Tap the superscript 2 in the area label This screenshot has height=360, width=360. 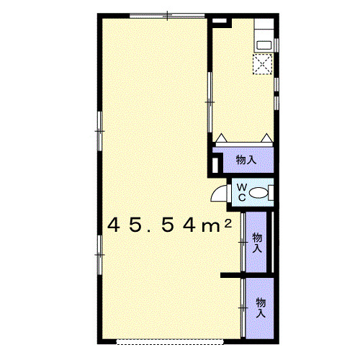[228, 224]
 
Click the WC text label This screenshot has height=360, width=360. [242, 192]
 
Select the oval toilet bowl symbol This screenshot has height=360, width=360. [258, 193]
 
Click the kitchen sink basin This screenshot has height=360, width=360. [264, 45]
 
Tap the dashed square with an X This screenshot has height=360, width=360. [262, 64]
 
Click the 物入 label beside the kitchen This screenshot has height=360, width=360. [246, 160]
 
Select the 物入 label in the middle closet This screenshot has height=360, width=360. [257, 243]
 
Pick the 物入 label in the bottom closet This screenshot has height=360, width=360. [261, 307]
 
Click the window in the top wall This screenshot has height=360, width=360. [167, 16]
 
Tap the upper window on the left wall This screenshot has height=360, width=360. [99, 131]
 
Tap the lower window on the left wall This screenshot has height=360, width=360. [99, 255]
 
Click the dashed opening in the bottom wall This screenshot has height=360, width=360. [170, 342]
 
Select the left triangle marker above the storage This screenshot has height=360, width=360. [221, 138]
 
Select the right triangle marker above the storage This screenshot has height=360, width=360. [266, 138]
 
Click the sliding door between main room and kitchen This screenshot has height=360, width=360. [210, 102]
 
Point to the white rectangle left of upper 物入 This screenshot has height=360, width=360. [215, 165]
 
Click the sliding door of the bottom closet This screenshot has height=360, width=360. [243, 307]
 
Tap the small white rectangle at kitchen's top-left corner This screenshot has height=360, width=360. [220, 21]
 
